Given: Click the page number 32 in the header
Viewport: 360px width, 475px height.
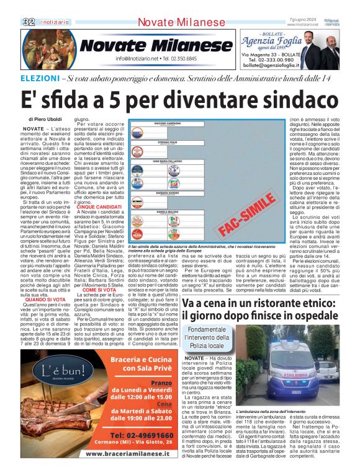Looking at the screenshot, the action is click(29, 22).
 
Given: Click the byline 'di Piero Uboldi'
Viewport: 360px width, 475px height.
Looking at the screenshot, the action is click(45, 118).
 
